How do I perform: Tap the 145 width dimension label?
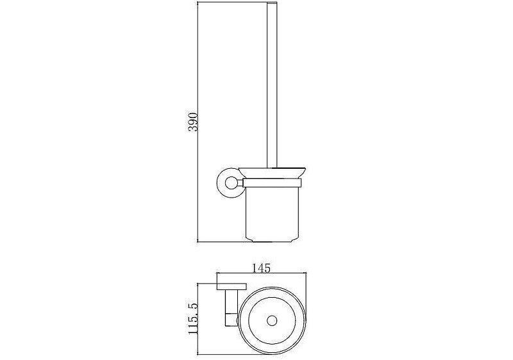click(x=261, y=268)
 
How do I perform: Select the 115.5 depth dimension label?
click(x=194, y=318)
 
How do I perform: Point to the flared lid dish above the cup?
click(x=272, y=173)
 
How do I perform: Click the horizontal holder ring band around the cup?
click(x=272, y=183)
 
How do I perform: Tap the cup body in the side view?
click(x=272, y=213)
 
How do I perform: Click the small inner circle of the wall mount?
click(x=231, y=183)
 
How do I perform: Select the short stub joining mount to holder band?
click(x=240, y=183)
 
